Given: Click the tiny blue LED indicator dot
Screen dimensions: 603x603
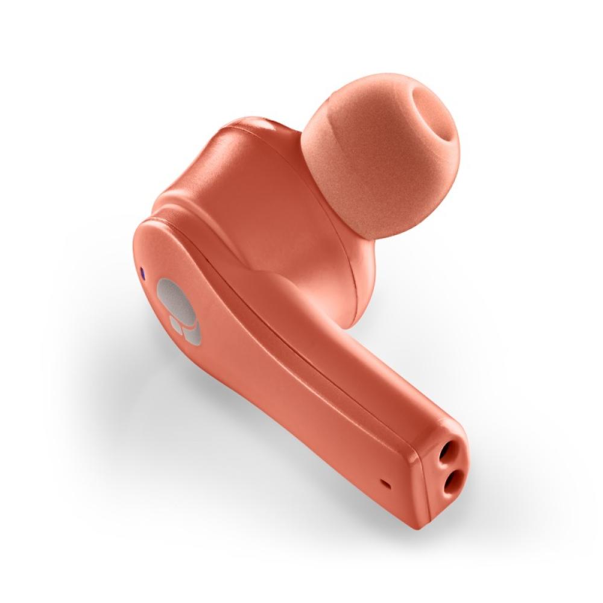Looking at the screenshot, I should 142,273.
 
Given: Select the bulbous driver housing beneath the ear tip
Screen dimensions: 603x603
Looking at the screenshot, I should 338,277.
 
